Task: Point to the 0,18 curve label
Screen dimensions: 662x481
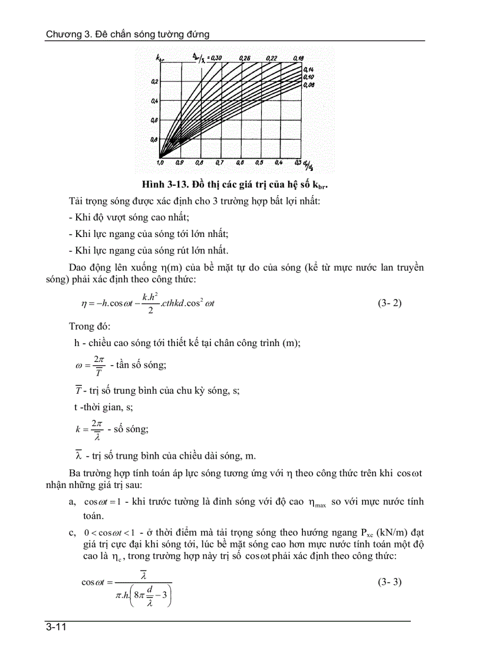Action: [298, 58]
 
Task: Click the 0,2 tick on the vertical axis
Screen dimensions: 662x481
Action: [154, 81]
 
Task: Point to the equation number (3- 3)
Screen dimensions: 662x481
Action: [389, 582]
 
